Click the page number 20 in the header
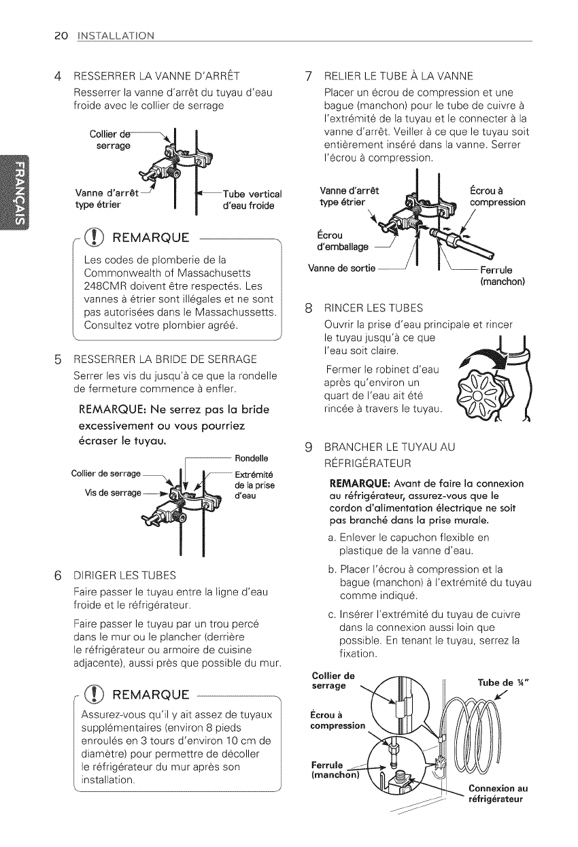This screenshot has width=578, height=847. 19,35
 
